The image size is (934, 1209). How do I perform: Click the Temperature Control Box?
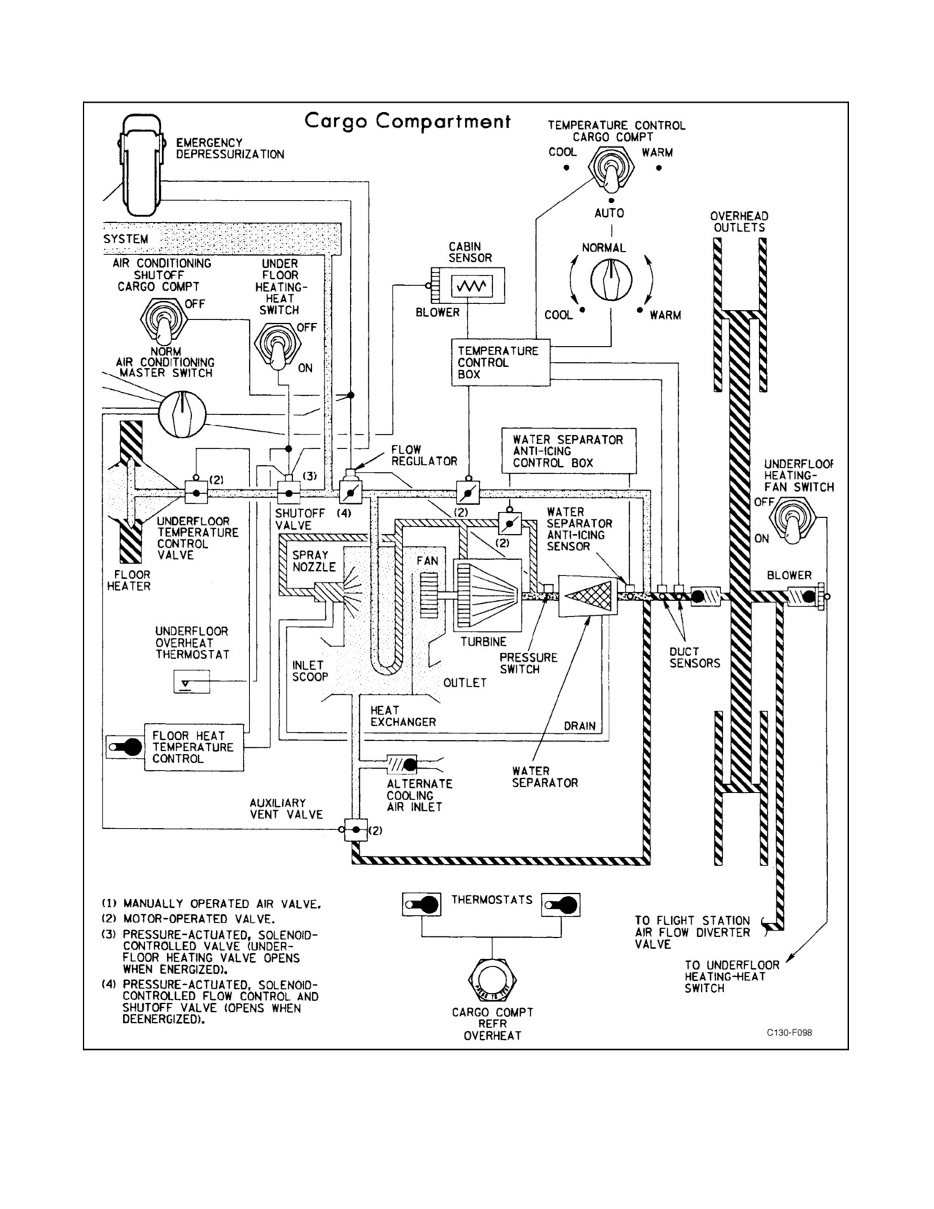(x=500, y=362)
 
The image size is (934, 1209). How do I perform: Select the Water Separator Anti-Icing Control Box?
(x=568, y=451)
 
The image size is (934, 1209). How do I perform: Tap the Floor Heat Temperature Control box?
(x=193, y=747)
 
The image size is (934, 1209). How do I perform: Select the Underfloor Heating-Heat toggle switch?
(x=278, y=347)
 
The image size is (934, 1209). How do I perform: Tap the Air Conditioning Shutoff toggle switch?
(x=164, y=322)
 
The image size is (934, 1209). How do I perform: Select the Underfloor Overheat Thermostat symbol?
(x=192, y=681)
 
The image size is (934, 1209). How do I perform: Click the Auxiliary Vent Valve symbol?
(x=355, y=829)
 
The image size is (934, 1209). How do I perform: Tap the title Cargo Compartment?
(x=407, y=122)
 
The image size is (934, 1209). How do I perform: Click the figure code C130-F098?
(x=790, y=1032)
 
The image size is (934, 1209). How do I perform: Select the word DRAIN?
(x=579, y=726)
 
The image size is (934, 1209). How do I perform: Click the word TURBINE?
(x=483, y=641)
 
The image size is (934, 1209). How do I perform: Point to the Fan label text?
(x=427, y=561)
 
